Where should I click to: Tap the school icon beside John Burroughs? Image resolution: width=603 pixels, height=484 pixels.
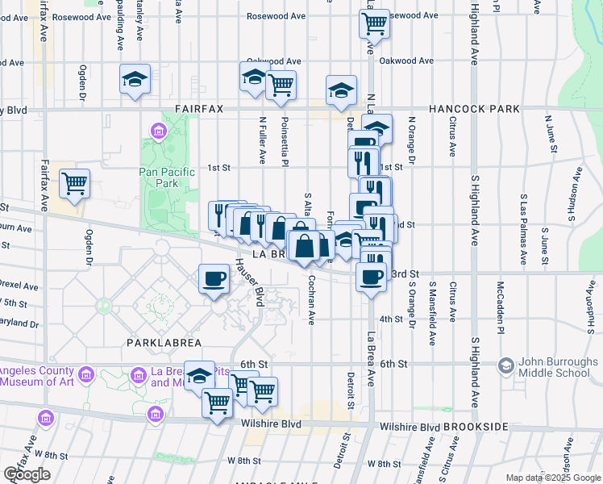(x=506, y=365)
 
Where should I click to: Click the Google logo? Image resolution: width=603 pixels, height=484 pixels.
(x=27, y=475)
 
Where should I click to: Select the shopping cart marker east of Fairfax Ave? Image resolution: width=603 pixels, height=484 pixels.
(x=74, y=184)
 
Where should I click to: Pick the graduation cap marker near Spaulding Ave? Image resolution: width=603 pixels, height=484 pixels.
(x=135, y=79)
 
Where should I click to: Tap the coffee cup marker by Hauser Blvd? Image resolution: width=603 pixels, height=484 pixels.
(x=214, y=278)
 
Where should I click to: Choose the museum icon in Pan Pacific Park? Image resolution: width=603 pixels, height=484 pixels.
(x=157, y=131)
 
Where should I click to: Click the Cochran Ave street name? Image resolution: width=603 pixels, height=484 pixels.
(x=311, y=300)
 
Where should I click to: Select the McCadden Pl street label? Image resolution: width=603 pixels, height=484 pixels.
(x=500, y=308)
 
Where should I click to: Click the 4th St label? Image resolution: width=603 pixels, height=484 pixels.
(x=391, y=319)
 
